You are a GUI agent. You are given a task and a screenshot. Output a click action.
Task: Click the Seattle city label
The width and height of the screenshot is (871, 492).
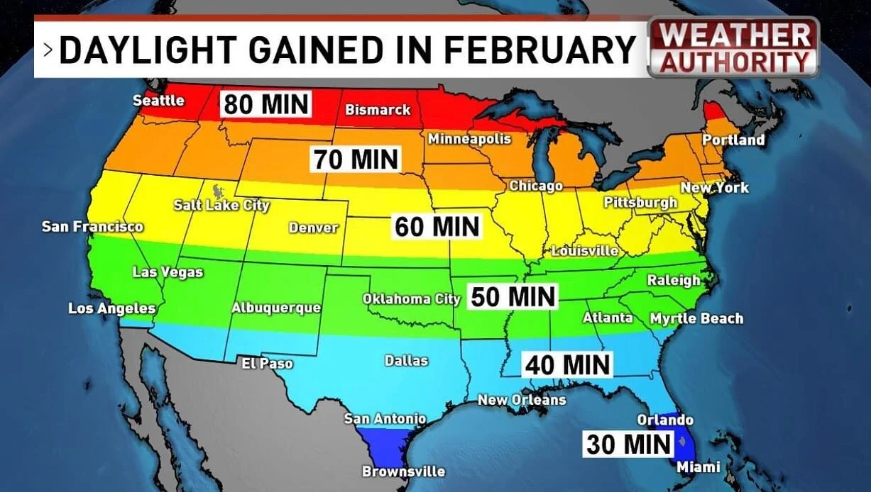(x=158, y=101)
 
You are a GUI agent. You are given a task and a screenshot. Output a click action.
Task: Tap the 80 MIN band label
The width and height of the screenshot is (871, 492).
(x=266, y=104)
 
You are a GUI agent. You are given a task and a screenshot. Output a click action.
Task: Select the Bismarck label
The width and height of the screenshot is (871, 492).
(x=378, y=110)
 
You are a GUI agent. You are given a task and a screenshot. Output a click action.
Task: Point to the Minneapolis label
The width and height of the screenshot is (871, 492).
(x=469, y=139)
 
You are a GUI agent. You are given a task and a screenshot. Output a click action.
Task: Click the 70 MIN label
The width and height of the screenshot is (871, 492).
(x=356, y=159)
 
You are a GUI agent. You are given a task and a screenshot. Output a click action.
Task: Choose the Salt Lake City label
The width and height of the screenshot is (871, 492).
(x=221, y=206)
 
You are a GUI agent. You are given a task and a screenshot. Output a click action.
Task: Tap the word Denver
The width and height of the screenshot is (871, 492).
(x=313, y=228)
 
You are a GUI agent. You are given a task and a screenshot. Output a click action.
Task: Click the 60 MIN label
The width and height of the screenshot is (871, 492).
(x=437, y=227)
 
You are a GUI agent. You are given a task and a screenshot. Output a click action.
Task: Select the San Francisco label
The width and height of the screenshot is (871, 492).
(x=92, y=227)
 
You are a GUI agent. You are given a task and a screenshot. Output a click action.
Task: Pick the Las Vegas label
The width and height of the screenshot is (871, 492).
(x=168, y=272)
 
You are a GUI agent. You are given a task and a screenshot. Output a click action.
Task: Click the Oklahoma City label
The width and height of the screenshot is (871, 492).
(x=412, y=299)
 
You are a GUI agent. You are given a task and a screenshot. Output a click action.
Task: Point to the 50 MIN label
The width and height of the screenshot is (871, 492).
(x=513, y=296)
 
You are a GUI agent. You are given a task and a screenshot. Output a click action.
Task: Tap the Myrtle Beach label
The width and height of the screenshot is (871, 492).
(x=696, y=318)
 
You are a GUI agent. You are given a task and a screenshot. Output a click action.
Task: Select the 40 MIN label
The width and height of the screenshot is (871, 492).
(x=567, y=364)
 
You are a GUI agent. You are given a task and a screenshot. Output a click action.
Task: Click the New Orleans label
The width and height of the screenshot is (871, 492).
(x=522, y=400)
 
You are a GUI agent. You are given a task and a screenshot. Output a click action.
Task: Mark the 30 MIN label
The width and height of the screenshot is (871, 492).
(x=628, y=445)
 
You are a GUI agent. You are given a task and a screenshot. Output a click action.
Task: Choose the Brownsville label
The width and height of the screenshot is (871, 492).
(x=403, y=471)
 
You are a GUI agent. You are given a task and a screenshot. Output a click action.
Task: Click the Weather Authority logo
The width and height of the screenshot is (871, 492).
(x=733, y=47)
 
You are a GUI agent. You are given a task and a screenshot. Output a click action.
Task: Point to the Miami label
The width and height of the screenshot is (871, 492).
(x=699, y=467)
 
